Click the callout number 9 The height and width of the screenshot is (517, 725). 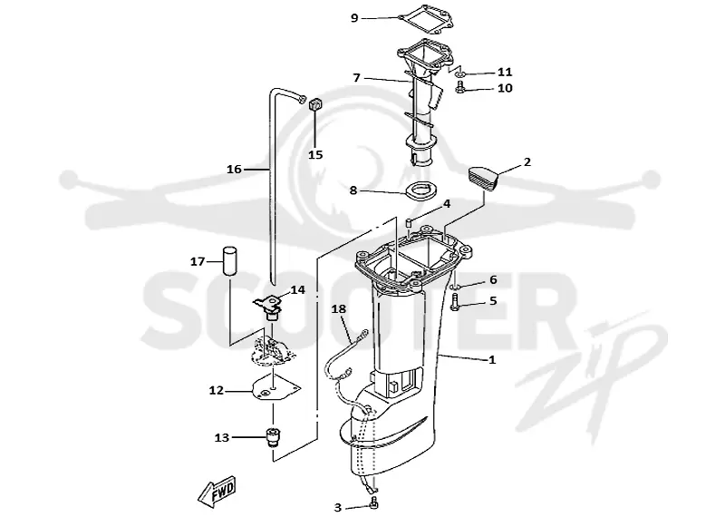tap(354, 18)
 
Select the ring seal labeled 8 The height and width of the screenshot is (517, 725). tap(420, 190)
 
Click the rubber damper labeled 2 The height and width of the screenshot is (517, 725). tap(483, 178)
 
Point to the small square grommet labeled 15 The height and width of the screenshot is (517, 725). tap(314, 105)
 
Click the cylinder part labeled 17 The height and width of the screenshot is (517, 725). tap(231, 261)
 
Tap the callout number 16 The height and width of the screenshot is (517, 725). tap(234, 170)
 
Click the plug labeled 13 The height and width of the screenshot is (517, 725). tap(272, 438)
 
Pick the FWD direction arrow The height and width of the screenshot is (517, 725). tap(217, 491)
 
